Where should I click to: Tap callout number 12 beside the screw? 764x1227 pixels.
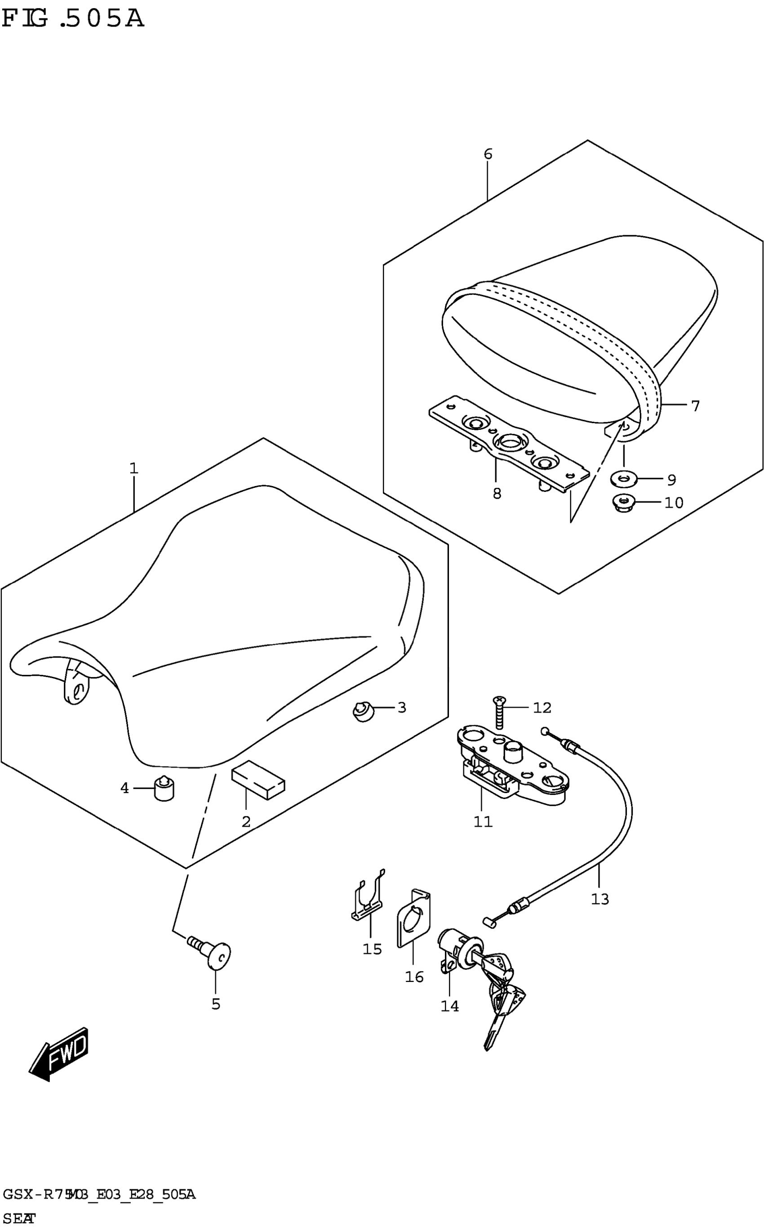542,708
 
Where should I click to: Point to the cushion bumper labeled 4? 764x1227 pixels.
163,789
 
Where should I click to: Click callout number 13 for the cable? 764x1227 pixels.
600,900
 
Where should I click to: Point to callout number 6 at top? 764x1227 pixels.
488,154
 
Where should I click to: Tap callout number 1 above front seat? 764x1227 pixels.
133,468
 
